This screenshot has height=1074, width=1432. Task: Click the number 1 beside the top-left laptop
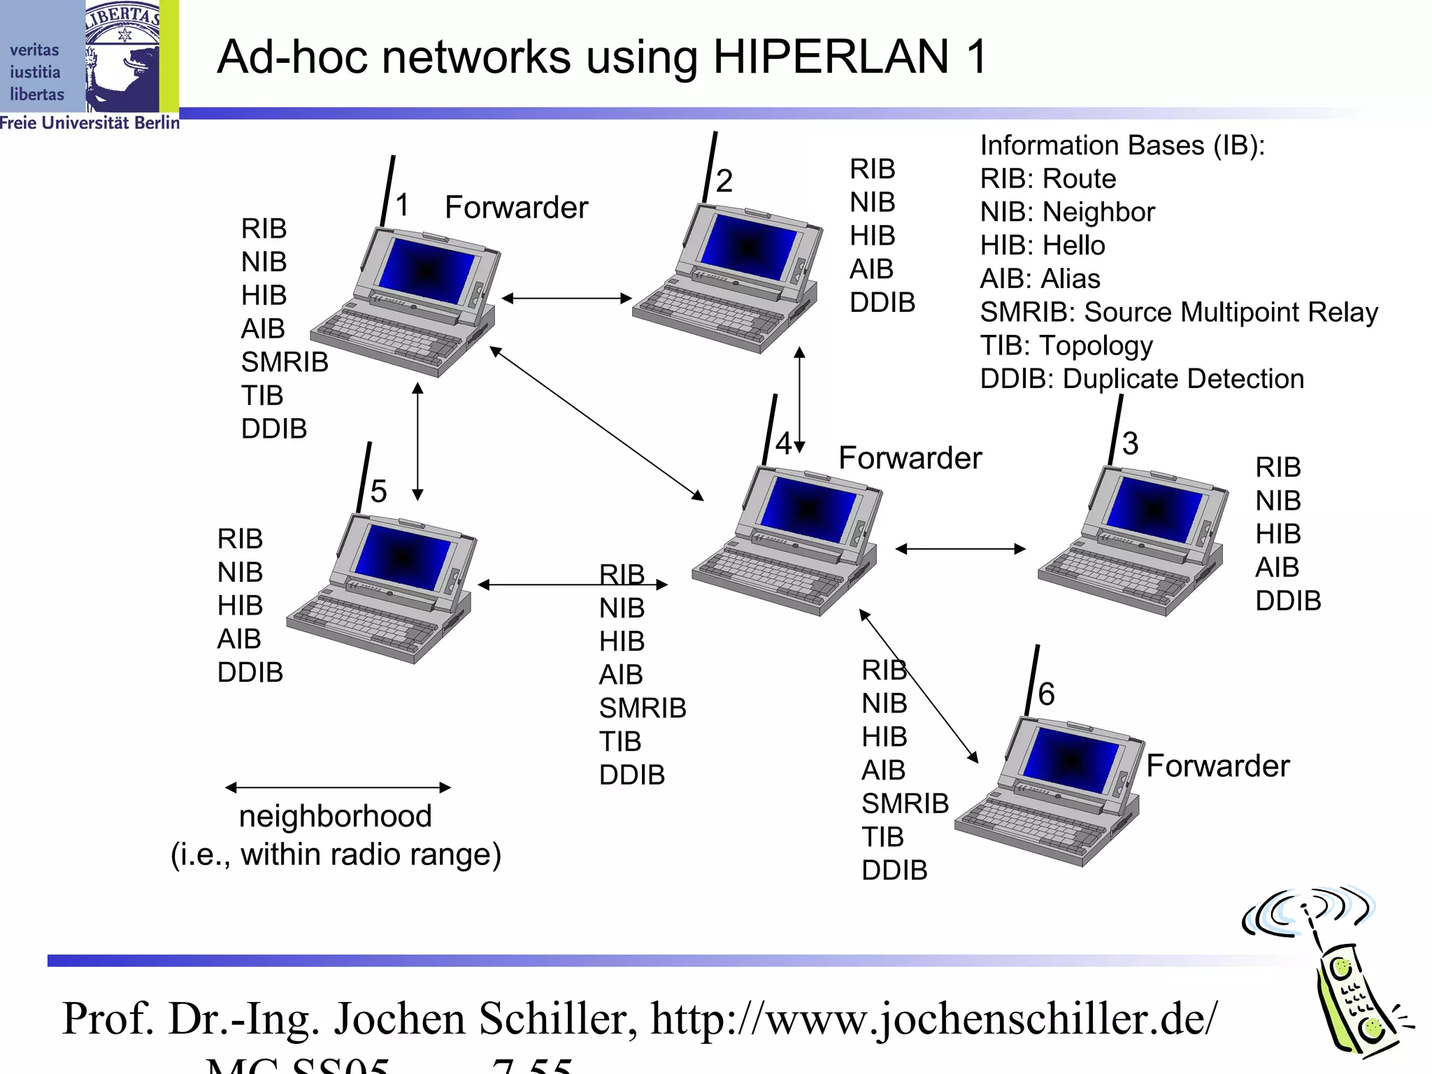pyautogui.click(x=402, y=206)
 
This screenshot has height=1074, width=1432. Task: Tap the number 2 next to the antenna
pyautogui.click(x=724, y=181)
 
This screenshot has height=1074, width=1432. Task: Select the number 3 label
pyautogui.click(x=1131, y=443)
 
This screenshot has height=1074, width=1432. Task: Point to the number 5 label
pyautogui.click(x=378, y=491)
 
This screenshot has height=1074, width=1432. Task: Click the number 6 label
pyautogui.click(x=1046, y=694)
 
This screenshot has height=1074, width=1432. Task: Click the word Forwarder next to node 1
pyautogui.click(x=516, y=208)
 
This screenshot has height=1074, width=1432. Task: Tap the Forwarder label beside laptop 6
pyautogui.click(x=1217, y=766)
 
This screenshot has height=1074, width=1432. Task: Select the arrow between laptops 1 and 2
pyautogui.click(x=566, y=299)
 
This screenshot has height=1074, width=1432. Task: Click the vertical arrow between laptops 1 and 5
pyautogui.click(x=417, y=441)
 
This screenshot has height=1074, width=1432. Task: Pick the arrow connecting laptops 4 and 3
pyautogui.click(x=960, y=549)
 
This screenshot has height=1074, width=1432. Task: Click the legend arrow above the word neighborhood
pyautogui.click(x=338, y=787)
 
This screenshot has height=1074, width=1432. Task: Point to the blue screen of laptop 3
pyautogui.click(x=1154, y=510)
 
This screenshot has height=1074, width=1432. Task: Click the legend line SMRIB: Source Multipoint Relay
pyautogui.click(x=1178, y=312)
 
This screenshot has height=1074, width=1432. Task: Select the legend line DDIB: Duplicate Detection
pyautogui.click(x=1141, y=379)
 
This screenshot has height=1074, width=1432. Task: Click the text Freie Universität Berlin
pyautogui.click(x=89, y=123)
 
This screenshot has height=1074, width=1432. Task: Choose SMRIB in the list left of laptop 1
pyautogui.click(x=285, y=362)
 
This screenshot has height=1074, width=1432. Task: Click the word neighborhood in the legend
pyautogui.click(x=335, y=817)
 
